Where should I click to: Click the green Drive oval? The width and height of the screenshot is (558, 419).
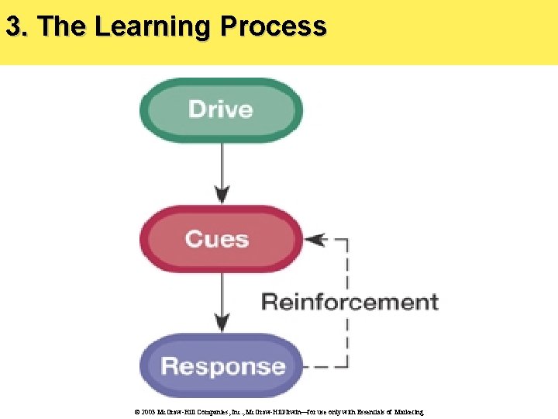click(x=221, y=109)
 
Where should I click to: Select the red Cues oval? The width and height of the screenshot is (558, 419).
click(x=221, y=238)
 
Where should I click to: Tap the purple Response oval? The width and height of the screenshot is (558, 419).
click(x=221, y=365)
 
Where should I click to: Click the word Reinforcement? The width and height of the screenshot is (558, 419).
click(x=350, y=301)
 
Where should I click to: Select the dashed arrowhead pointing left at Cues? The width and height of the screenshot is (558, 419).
click(x=312, y=240)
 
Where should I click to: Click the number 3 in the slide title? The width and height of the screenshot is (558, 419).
click(x=12, y=26)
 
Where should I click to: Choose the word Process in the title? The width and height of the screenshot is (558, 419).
click(x=273, y=26)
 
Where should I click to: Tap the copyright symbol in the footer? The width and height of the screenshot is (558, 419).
click(x=136, y=412)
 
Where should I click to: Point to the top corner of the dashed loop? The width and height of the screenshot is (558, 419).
click(x=347, y=240)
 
